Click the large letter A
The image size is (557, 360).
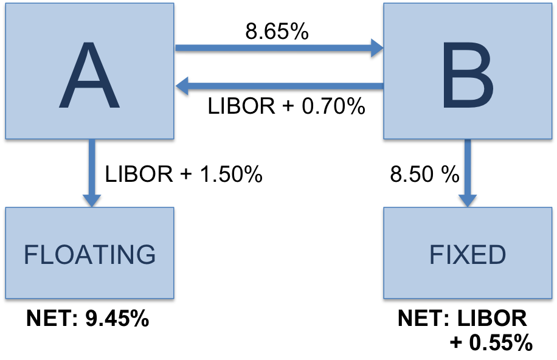click(89, 76)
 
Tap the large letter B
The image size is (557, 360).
click(467, 76)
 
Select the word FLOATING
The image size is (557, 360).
click(89, 255)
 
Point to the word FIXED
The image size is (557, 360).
click(467, 255)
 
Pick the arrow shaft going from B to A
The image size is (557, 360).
click(286, 86)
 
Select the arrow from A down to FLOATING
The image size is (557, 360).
click(92, 167)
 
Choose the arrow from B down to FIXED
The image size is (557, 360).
click(467, 167)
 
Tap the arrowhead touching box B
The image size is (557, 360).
click(377, 47)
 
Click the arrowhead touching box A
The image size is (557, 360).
click(182, 86)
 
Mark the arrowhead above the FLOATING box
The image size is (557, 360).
click(92, 200)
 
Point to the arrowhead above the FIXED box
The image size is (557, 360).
click(467, 200)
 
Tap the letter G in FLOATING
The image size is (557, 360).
click(146, 255)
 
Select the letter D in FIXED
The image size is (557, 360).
click(496, 255)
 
